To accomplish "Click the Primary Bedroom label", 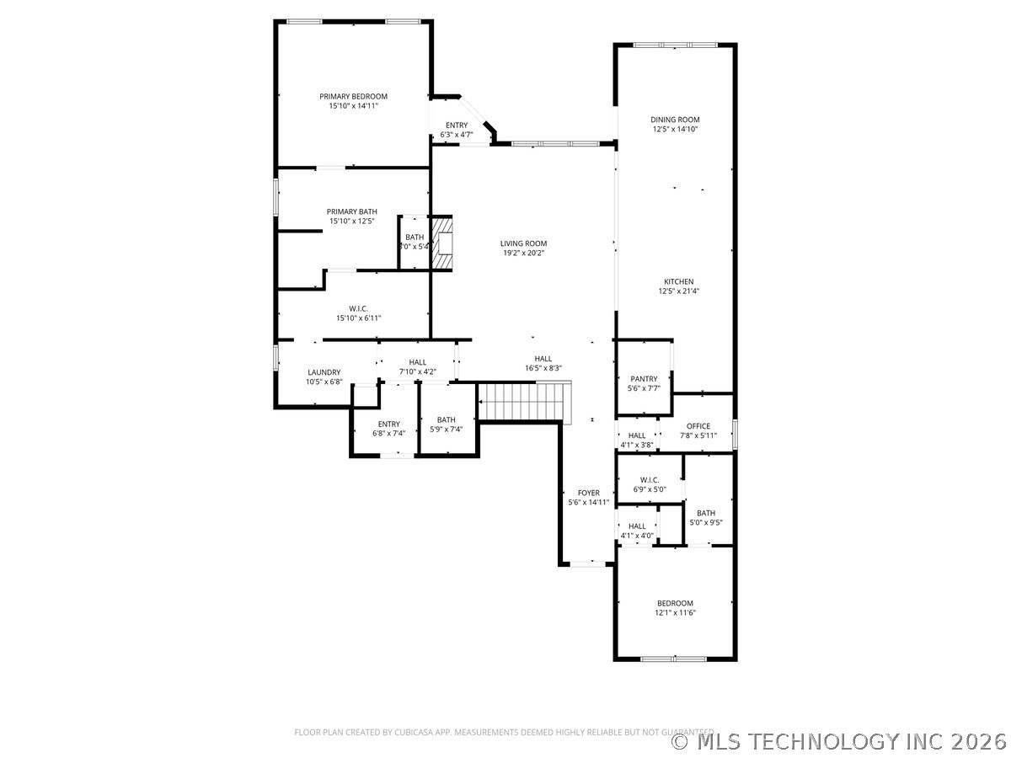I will tap(353, 97).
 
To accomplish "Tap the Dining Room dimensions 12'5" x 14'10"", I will tap(675, 130).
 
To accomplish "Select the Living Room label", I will tap(523, 243).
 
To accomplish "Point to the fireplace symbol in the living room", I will tap(442, 243).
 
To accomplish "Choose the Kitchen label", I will tap(678, 281).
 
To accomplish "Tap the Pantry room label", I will tap(644, 379).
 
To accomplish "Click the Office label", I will tap(698, 426).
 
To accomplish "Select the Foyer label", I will tap(588, 493).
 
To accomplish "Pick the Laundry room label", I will tap(324, 372).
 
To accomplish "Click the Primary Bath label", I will tap(352, 211).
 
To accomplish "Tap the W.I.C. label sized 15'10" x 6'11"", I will tap(358, 308).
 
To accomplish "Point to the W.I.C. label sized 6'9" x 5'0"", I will tap(650, 480).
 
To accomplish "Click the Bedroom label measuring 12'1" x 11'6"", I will tap(675, 603).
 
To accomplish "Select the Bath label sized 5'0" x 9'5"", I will tap(705, 513).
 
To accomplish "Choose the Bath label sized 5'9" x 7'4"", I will tap(446, 419).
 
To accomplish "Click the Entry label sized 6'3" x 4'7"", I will tap(457, 125).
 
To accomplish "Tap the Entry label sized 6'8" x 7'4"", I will tap(388, 424).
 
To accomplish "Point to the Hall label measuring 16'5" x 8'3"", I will tap(543, 359).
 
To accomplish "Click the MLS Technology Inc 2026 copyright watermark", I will tap(839, 741).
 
